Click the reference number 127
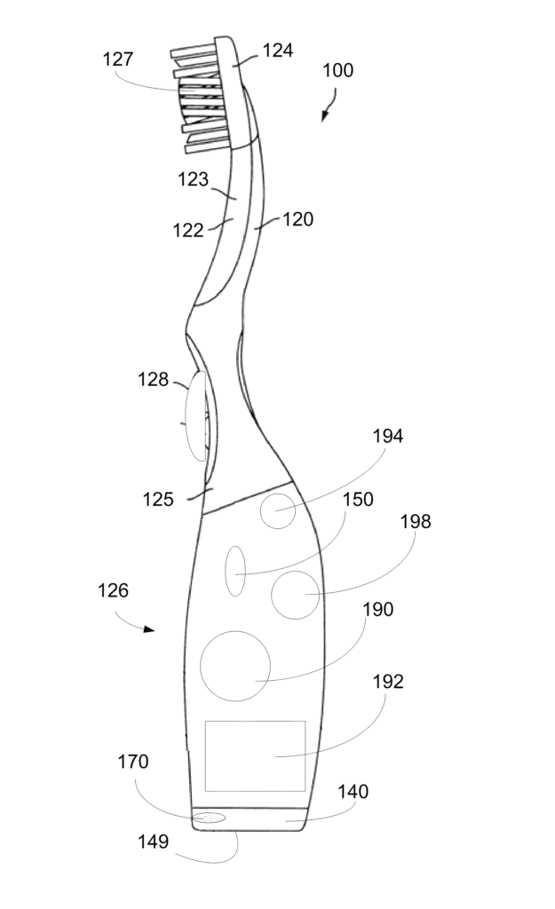tap(118, 59)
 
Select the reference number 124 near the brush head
tap(276, 51)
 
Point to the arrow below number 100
tap(327, 111)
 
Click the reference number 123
tap(193, 179)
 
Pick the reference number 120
tap(298, 218)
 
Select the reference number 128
tap(153, 380)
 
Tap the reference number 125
tap(158, 499)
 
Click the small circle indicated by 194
tap(277, 511)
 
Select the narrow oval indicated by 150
tap(235, 570)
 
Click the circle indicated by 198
tap(295, 595)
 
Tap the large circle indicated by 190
tap(235, 666)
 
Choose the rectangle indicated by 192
tap(256, 755)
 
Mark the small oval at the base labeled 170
tap(210, 817)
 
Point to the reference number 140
tap(353, 792)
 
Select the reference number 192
tap(388, 682)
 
